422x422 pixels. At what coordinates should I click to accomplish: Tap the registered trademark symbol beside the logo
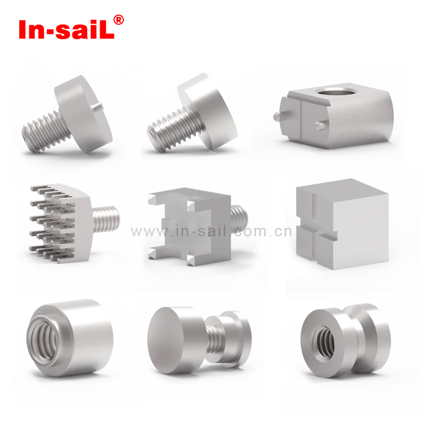(x=119, y=19)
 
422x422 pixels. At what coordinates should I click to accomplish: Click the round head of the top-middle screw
(x=211, y=113)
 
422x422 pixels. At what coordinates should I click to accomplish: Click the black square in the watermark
(x=276, y=232)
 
